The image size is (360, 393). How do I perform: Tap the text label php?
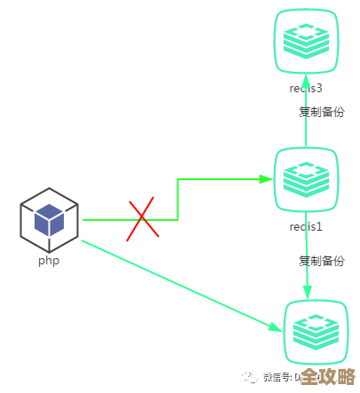tap(48, 261)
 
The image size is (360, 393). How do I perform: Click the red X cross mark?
tap(143, 219)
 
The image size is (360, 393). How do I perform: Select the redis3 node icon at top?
tap(306, 41)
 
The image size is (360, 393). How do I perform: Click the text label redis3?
tap(306, 88)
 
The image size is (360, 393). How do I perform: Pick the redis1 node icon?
tap(306, 179)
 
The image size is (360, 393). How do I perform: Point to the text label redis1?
tap(306, 226)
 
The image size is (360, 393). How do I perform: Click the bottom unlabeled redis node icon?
tap(313, 331)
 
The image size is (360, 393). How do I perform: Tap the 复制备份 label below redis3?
tap(321, 112)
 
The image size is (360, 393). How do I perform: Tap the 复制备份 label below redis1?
tap(321, 261)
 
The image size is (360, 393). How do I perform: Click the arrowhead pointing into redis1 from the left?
tap(266, 179)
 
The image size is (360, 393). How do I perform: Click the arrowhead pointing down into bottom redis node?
tap(308, 293)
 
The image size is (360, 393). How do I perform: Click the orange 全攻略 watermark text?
tap(327, 376)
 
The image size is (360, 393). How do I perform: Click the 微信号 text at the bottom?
tap(278, 377)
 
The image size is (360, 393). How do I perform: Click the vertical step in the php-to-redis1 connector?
tap(178, 200)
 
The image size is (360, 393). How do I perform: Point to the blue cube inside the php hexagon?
tap(49, 219)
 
